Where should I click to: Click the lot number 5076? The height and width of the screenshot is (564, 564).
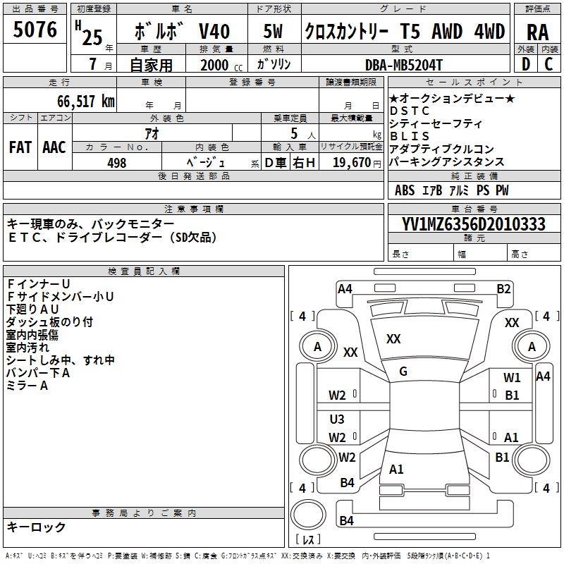tap(35, 30)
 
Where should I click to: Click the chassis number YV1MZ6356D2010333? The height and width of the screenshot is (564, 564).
tap(473, 224)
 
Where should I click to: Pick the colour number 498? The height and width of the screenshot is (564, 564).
tap(117, 163)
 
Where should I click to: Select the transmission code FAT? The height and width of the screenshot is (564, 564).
tap(20, 147)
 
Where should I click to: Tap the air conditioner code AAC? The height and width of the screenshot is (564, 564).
tap(54, 147)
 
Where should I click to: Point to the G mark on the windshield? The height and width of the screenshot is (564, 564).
tap(403, 372)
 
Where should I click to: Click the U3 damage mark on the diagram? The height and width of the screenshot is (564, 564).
tap(337, 419)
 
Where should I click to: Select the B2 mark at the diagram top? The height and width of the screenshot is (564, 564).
tap(503, 288)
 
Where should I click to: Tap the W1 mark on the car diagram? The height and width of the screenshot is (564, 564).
tap(512, 378)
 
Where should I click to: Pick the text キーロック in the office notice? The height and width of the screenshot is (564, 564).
tap(37, 527)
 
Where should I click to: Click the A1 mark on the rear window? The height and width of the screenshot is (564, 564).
tap(396, 469)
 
